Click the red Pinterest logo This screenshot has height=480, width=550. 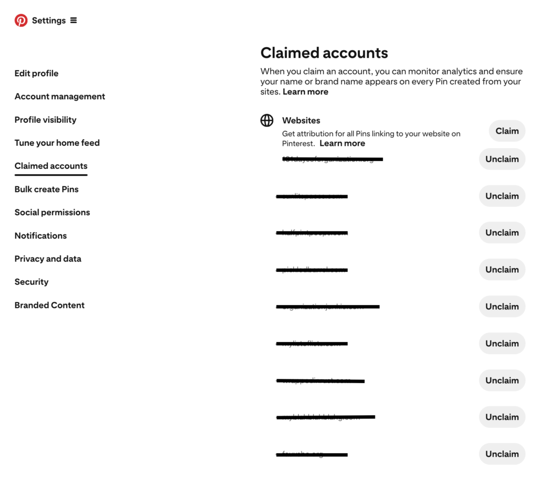click(21, 20)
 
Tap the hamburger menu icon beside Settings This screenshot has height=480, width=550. click(74, 20)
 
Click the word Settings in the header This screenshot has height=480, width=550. click(49, 20)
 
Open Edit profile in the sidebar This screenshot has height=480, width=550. click(37, 73)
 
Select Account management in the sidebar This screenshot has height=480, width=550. click(60, 97)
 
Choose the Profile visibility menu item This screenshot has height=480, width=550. click(45, 120)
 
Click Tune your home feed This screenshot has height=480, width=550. click(57, 143)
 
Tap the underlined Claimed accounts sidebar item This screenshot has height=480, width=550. click(51, 166)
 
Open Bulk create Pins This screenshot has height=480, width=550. click(46, 189)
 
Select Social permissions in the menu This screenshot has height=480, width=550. click(52, 212)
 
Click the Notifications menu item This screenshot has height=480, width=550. click(40, 235)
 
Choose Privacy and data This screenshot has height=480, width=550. click(48, 259)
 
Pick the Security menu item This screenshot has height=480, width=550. click(31, 282)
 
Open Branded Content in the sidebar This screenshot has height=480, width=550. click(49, 305)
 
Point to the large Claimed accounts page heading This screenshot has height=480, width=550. click(324, 53)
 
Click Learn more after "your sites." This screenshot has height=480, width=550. click(306, 92)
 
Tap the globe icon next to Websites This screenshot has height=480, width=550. click(267, 121)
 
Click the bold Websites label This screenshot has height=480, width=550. click(301, 121)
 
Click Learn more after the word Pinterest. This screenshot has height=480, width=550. click(342, 143)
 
